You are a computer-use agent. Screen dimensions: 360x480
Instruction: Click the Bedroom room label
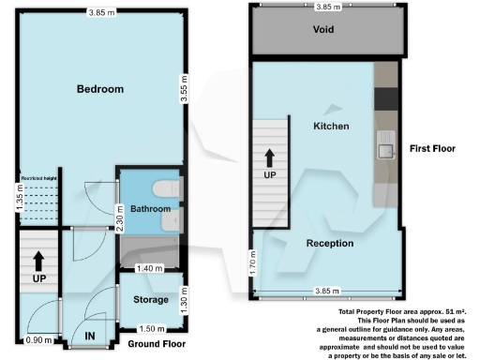[101, 89]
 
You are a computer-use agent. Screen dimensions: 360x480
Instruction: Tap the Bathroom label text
[149, 208]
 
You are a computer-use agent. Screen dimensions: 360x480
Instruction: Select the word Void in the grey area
[323, 29]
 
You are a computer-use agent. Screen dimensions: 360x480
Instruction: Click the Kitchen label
[331, 126]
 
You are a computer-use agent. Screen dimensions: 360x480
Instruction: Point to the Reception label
[329, 244]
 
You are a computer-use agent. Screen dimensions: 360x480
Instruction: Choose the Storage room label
[150, 300]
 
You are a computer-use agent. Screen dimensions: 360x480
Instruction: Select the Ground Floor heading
[155, 344]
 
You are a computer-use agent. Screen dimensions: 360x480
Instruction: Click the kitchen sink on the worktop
[385, 144]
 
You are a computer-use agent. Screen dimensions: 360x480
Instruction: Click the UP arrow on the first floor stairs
[268, 160]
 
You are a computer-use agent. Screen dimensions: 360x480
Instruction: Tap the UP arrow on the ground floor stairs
[38, 262]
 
